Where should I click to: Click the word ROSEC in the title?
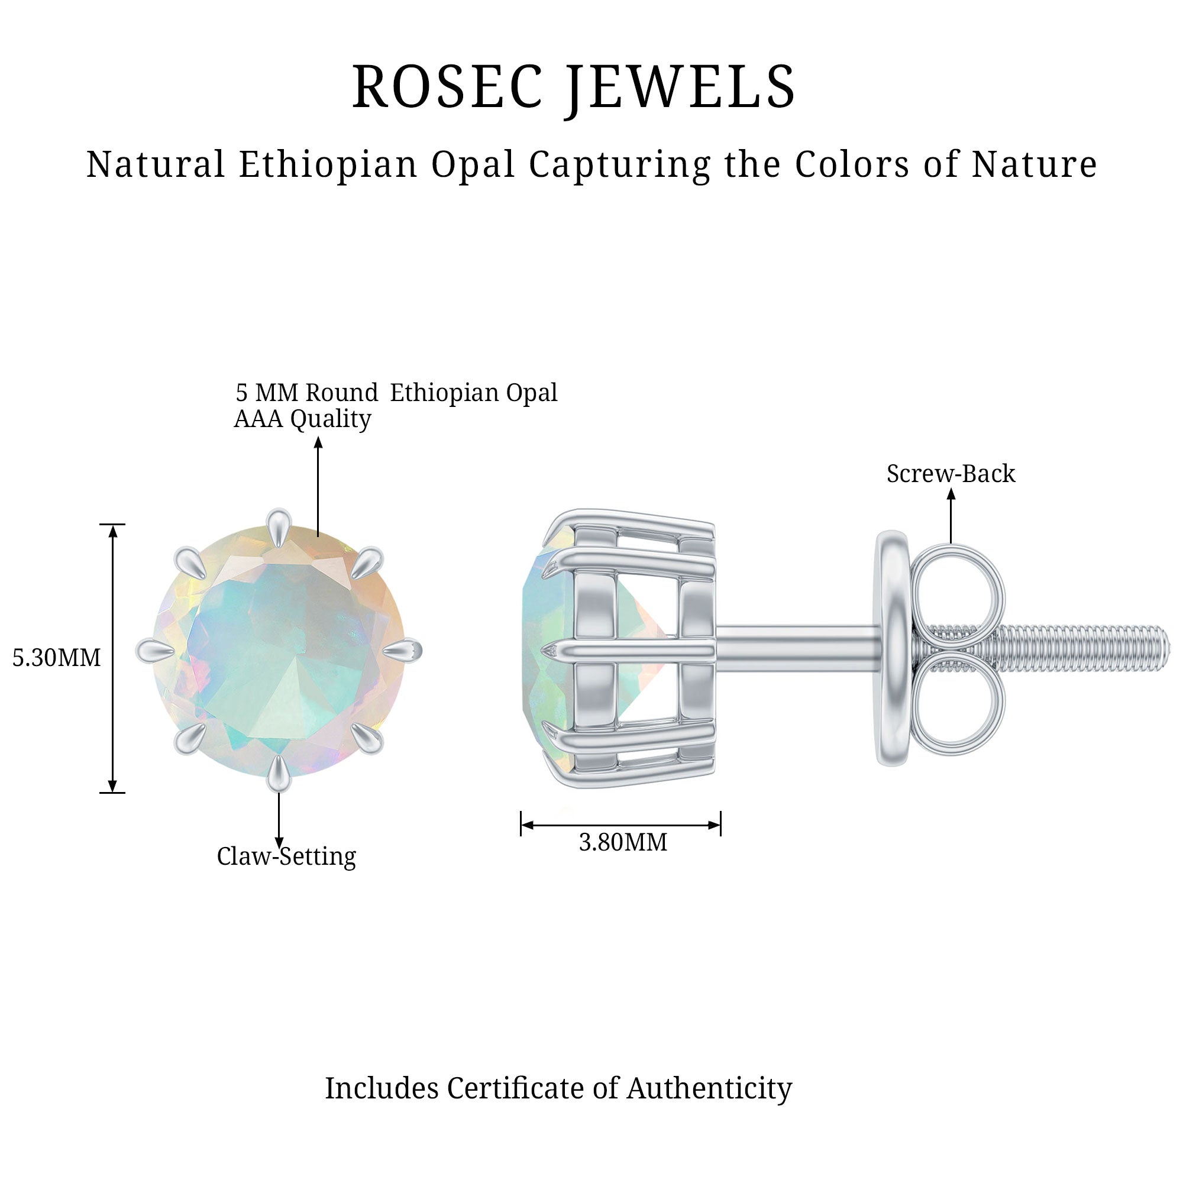click(x=447, y=87)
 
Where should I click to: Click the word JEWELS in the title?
click(x=680, y=87)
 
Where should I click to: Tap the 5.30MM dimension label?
click(x=56, y=658)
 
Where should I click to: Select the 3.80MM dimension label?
click(x=623, y=843)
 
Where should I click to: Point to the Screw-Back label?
click(x=951, y=474)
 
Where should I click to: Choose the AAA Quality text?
click(x=302, y=419)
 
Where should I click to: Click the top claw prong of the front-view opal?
click(x=279, y=525)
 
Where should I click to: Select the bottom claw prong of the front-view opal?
click(x=279, y=773)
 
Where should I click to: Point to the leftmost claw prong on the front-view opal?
click(x=153, y=650)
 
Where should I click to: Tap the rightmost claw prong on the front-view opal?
click(x=404, y=649)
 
